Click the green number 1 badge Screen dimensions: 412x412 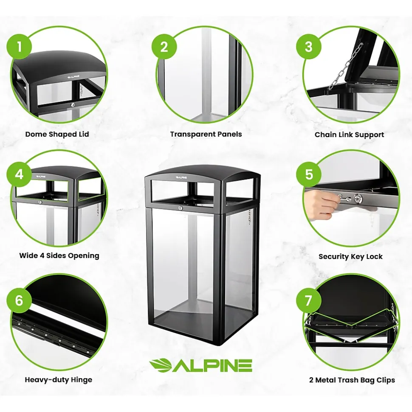19,47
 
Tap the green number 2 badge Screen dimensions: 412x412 164,47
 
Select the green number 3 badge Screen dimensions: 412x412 309,47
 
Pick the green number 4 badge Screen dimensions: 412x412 19,174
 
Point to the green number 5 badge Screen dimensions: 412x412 309,174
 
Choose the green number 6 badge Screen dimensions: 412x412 19,300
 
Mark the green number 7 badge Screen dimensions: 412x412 309,300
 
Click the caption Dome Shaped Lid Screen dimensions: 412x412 57,134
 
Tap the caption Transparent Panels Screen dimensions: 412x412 206,134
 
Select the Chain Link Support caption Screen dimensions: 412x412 350,135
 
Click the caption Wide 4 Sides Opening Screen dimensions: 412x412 59,256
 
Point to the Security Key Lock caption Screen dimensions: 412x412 350,256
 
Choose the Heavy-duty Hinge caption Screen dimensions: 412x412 59,380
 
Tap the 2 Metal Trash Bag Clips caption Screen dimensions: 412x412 352,380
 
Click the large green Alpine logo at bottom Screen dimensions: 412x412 200,365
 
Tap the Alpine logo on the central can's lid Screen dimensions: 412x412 181,178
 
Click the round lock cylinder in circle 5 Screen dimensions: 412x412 358,198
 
